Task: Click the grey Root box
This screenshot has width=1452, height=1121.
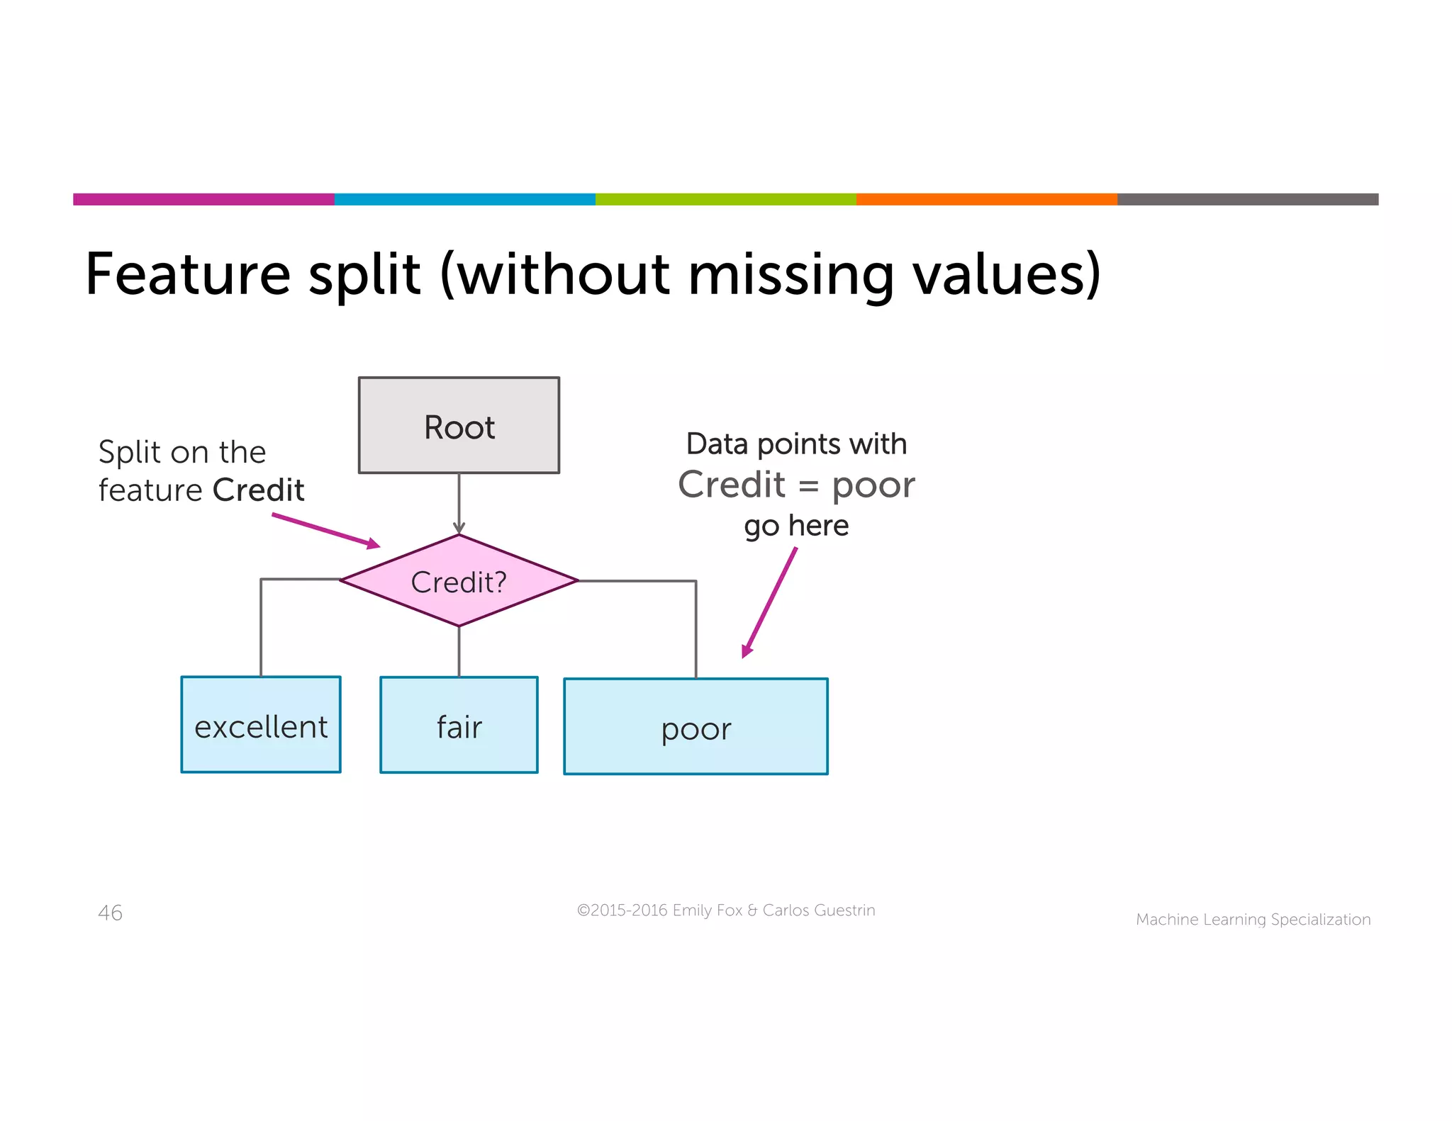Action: [x=459, y=425]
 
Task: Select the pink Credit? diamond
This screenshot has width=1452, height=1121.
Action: [x=459, y=581]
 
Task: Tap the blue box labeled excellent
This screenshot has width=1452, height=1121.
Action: [x=261, y=725]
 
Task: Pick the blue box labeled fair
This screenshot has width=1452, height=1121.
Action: [x=459, y=725]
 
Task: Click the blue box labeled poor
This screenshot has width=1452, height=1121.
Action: [x=696, y=727]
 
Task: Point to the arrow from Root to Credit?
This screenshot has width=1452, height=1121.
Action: [x=459, y=503]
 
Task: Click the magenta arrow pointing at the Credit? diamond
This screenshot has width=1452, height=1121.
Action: [x=326, y=531]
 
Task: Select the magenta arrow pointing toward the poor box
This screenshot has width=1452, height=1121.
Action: [x=770, y=602]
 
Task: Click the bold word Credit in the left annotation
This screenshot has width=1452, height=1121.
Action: [x=258, y=490]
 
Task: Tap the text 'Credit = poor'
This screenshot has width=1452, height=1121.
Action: [x=796, y=485]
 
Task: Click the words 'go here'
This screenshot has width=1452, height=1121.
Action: [x=796, y=526]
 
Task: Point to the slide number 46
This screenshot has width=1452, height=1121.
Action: [x=110, y=913]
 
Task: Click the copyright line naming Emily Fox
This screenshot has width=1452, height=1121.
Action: [x=726, y=911]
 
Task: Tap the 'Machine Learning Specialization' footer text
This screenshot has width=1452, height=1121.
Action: [x=1253, y=920]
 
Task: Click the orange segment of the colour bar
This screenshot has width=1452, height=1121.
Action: [x=986, y=199]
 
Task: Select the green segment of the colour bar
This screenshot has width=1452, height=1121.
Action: [x=725, y=199]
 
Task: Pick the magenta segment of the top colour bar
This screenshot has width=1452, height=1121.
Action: [x=203, y=199]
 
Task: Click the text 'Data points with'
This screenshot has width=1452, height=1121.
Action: [x=796, y=444]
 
